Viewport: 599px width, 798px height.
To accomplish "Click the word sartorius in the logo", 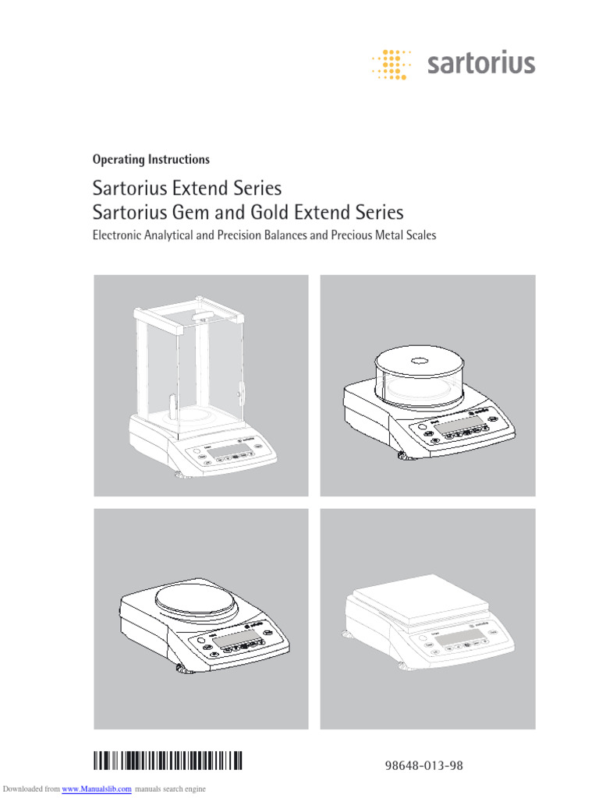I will coord(481,63).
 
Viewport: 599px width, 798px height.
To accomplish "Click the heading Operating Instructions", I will coord(151,160).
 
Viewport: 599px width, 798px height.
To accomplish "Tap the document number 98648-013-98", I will coord(424,766).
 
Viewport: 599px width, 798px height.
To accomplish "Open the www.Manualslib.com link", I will coord(96,789).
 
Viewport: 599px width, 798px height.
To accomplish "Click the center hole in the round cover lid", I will coord(418,360).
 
